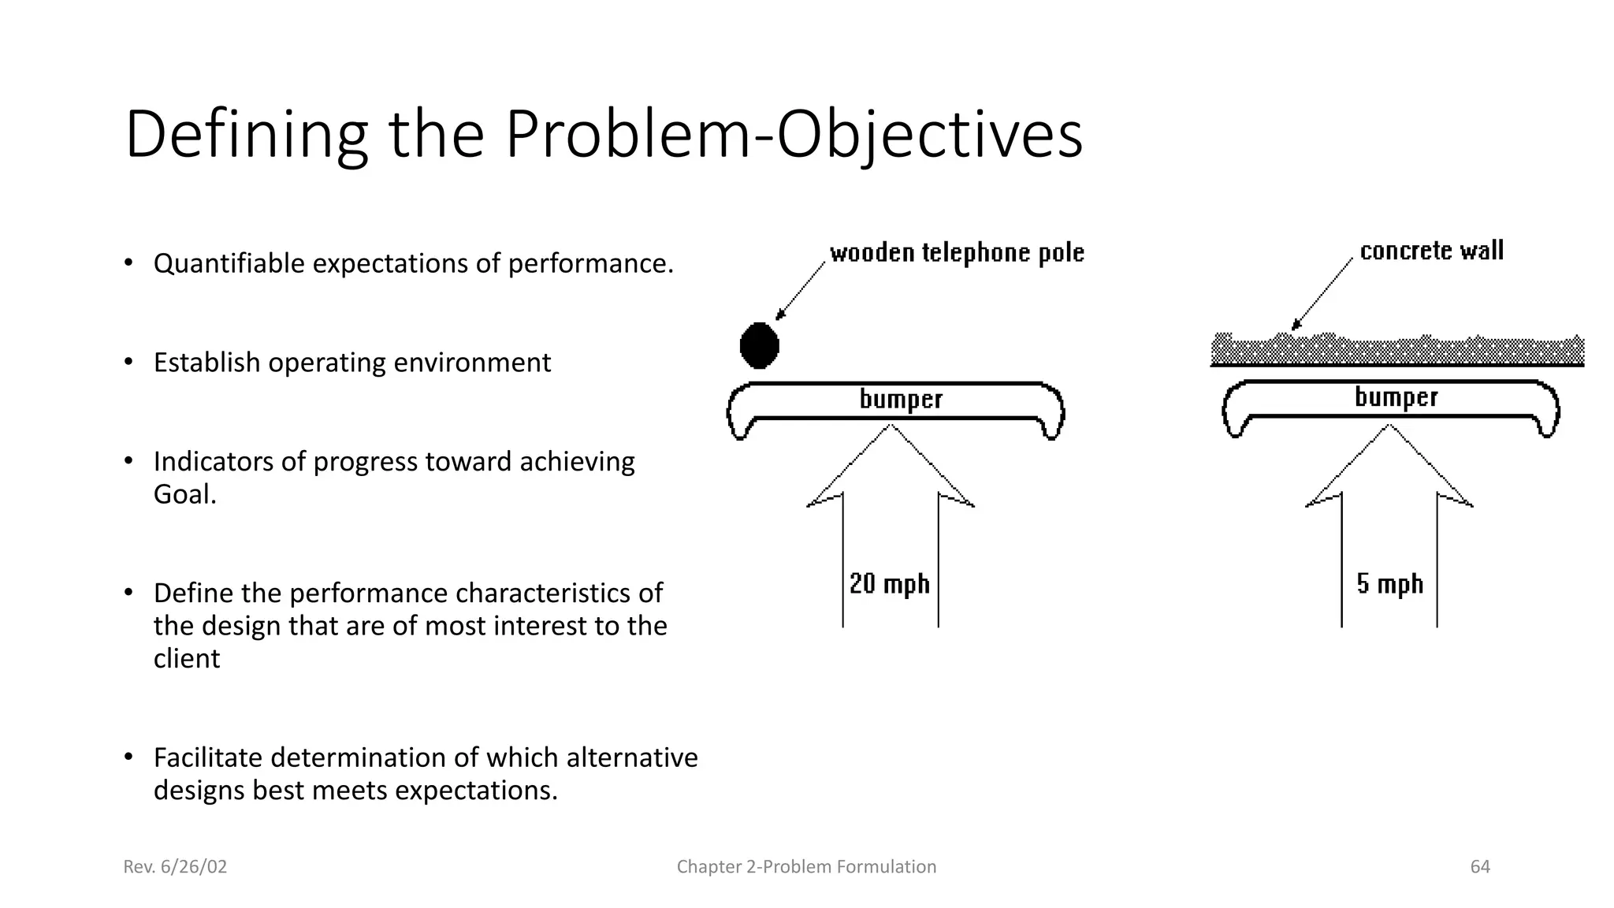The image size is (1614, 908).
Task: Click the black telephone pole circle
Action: (759, 345)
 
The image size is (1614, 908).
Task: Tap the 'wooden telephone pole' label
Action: (957, 253)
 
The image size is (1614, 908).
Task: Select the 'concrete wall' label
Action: (1431, 251)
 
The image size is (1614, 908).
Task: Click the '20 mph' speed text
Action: (889, 584)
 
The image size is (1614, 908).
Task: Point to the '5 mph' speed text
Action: (1389, 584)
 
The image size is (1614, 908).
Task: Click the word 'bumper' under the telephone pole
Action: (901, 399)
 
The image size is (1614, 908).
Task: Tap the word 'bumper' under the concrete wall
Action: (1396, 396)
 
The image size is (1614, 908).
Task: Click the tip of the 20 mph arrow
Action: (891, 427)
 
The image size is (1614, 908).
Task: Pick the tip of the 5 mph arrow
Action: (1389, 427)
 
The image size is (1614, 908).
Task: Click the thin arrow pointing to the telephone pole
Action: (800, 292)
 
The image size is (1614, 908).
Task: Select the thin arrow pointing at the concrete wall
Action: (1322, 294)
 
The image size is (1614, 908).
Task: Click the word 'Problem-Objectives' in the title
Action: (794, 134)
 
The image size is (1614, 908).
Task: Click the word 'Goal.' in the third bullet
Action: (184, 494)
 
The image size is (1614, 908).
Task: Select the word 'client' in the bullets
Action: (187, 658)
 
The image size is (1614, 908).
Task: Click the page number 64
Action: (1479, 867)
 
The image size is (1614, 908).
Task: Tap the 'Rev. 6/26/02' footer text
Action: (175, 867)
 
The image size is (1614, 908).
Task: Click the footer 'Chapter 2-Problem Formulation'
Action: (806, 867)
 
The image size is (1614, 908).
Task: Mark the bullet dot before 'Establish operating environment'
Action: (128, 362)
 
